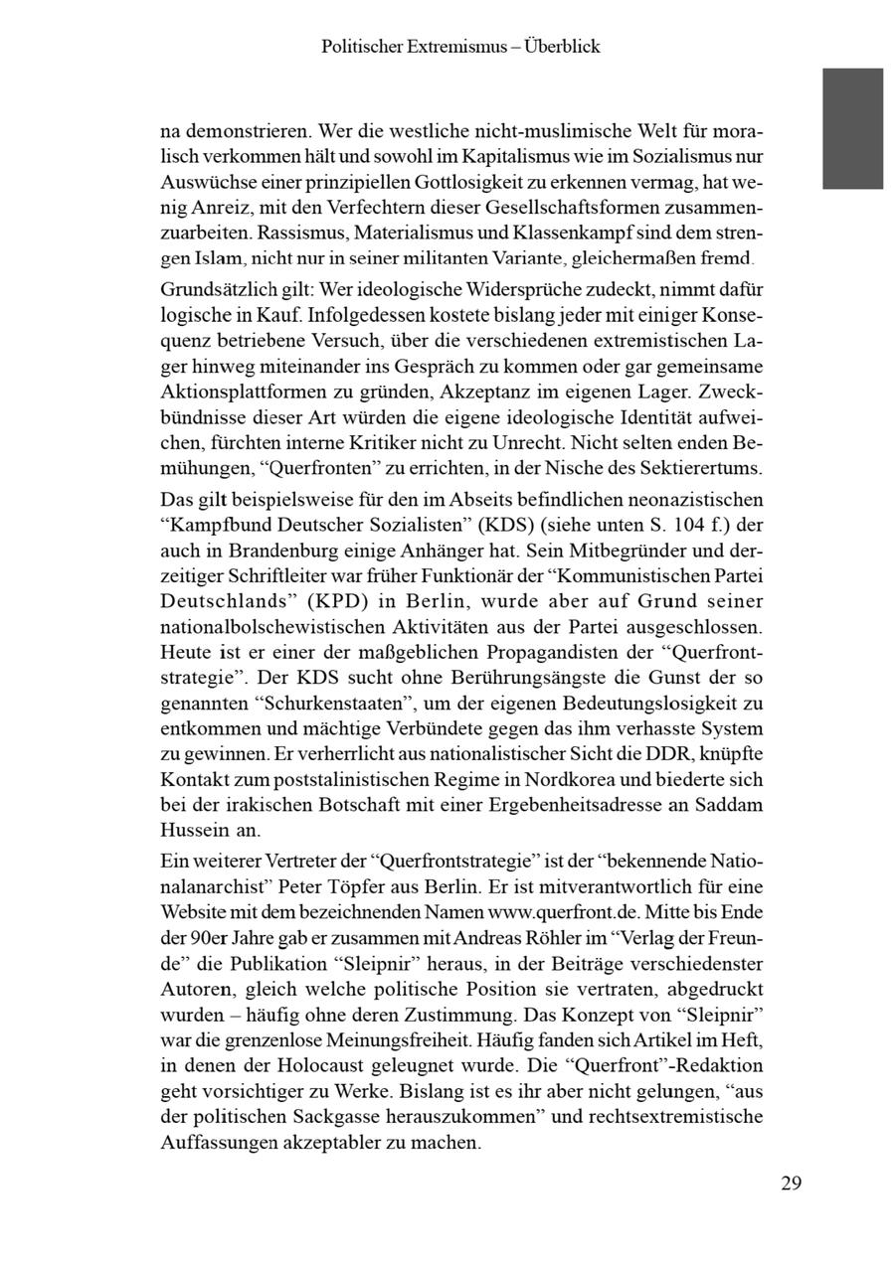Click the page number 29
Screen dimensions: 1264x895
coord(791,1183)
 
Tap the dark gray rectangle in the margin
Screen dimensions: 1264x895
coord(852,128)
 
